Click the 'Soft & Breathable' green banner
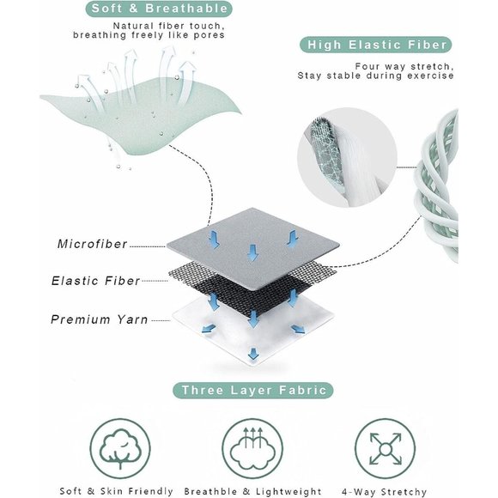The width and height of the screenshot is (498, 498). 159,9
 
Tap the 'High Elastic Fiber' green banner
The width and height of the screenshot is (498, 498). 375,45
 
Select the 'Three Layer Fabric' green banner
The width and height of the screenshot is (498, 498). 253,390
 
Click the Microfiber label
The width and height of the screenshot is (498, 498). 93,244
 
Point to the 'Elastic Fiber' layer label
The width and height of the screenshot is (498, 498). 95,281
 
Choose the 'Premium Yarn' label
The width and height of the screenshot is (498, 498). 99,319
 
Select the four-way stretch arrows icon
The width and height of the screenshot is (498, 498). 385,448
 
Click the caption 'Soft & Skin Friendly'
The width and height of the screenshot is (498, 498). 116,491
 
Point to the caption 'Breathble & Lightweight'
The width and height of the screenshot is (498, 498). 252,491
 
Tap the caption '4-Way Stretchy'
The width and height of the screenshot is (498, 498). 385,492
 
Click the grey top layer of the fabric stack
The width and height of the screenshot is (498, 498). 253,248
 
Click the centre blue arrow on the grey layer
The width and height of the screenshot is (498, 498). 252,252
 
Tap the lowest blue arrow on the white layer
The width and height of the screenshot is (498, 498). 253,354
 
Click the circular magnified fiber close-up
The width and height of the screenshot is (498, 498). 347,157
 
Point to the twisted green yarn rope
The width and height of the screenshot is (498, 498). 438,185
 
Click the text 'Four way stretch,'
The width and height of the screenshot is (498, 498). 404,66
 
